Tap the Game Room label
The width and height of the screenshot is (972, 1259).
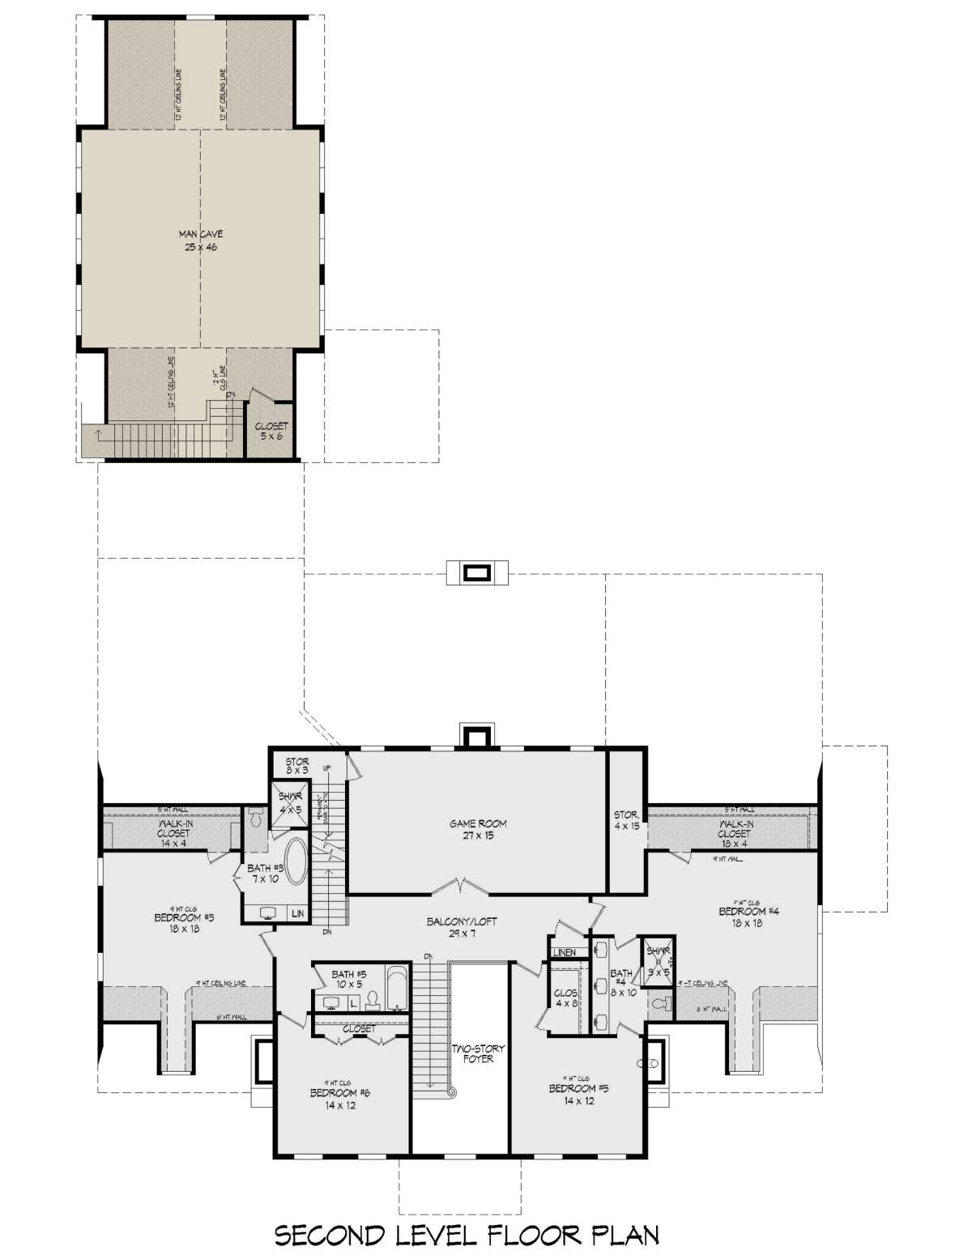coord(479,829)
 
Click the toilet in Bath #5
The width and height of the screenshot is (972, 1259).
coord(373,1002)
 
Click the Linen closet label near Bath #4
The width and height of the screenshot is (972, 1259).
coord(565,952)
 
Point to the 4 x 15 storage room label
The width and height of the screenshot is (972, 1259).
coord(625,821)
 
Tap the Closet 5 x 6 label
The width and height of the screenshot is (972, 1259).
coord(271,431)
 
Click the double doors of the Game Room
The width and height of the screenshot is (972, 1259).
coord(461,887)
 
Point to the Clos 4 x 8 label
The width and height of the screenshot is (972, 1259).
coord(564,999)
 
